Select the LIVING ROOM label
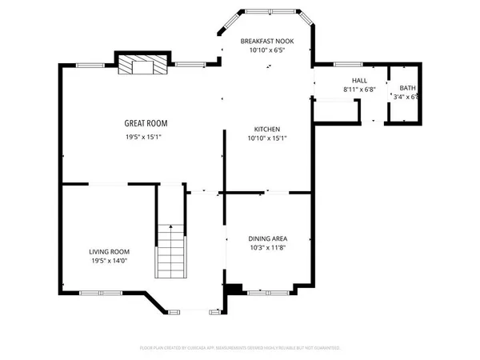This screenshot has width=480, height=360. point(109,251)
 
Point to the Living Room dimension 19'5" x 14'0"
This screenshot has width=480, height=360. point(109,262)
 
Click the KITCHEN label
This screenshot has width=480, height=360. point(267,129)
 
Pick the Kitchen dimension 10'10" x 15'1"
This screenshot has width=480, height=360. point(267,138)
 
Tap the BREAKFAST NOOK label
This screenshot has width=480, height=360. point(267,40)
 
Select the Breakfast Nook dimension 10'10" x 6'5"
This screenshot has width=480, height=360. point(267,50)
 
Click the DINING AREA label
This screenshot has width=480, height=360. point(267,238)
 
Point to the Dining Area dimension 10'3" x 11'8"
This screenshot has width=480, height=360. point(267,249)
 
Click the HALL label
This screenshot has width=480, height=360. point(359,81)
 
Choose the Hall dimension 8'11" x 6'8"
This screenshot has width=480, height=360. point(359,90)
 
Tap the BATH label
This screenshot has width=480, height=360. point(407,88)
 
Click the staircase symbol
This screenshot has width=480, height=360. point(170,250)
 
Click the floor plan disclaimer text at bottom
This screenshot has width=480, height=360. point(240,348)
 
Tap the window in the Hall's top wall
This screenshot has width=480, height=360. point(345,64)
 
